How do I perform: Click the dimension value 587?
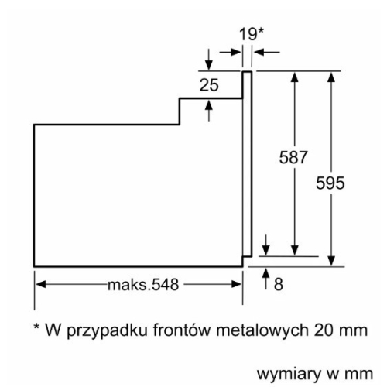pos(293,157)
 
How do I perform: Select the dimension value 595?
pos(330,183)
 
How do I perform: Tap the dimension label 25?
pos(209,85)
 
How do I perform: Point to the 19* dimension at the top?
pos(252,34)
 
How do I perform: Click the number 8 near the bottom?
pos(279,285)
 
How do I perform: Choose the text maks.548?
pos(143,285)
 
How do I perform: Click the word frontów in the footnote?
pos(182,330)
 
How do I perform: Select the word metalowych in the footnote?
pos(262,330)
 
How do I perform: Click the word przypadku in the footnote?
pos(107,331)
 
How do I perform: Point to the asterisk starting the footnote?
pos(36,327)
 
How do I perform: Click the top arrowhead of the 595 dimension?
pos(331,77)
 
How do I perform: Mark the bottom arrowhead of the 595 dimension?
pos(331,261)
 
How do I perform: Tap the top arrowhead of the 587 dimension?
pos(295,77)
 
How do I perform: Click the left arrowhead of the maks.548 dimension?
pos(41,284)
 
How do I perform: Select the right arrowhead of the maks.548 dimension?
pos(236,284)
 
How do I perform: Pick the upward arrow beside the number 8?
pos(266,279)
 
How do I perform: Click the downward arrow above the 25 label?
pos(209,59)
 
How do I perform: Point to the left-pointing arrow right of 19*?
pos(267,52)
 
